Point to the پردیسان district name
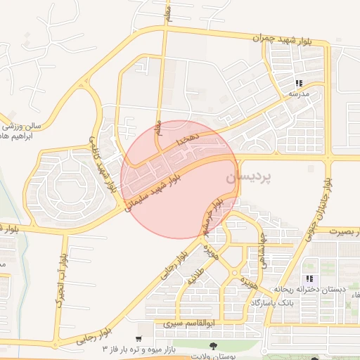[x=248, y=179]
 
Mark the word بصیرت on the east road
[x=343, y=231]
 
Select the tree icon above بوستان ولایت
[x=212, y=345]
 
